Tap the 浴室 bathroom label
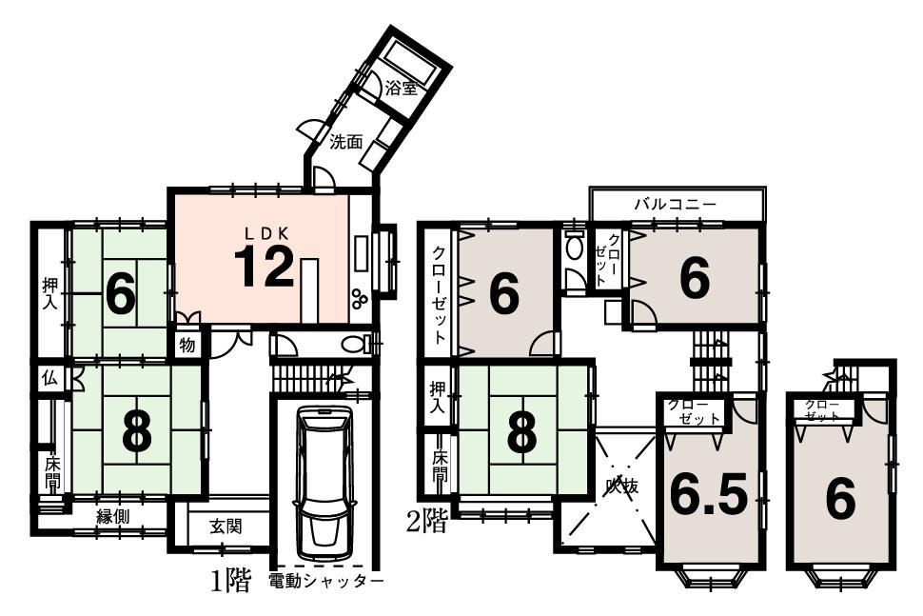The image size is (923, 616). click(x=401, y=88)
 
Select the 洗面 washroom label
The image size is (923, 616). click(x=346, y=143)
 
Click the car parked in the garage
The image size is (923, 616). click(x=324, y=483)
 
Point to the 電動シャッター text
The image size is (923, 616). click(x=325, y=581)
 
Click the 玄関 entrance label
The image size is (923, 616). click(x=226, y=526)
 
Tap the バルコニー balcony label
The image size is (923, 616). click(x=676, y=204)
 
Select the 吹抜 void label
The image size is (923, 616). click(x=622, y=487)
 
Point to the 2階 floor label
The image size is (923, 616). click(x=425, y=522)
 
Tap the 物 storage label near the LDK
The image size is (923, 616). click(x=187, y=345)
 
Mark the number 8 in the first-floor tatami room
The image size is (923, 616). click(x=137, y=434)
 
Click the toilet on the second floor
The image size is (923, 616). click(x=574, y=248)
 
